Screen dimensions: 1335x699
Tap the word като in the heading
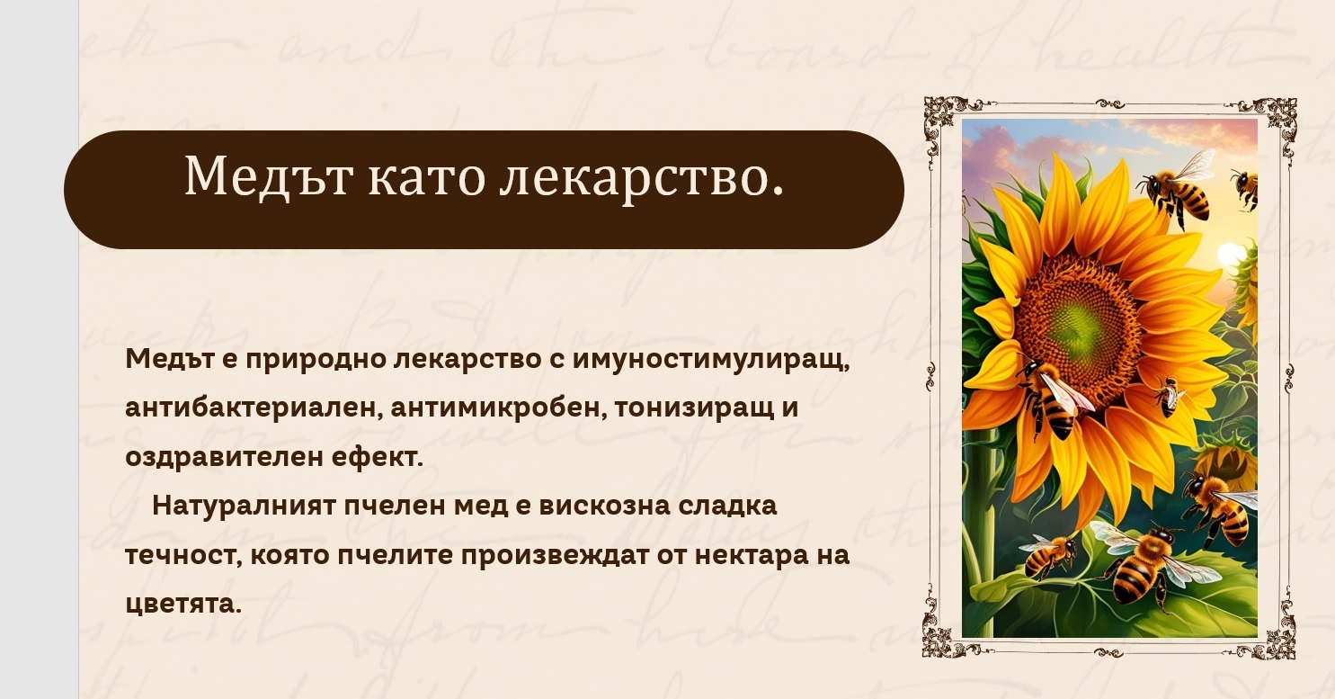[427, 177]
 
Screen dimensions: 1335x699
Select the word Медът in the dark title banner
[268, 176]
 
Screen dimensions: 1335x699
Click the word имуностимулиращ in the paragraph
[710, 360]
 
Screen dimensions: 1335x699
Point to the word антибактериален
[254, 408]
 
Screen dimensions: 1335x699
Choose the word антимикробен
[498, 408]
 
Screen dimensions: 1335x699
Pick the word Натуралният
[244, 506]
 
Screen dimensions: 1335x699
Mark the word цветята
[183, 605]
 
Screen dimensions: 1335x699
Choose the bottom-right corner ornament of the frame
[1276, 641]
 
